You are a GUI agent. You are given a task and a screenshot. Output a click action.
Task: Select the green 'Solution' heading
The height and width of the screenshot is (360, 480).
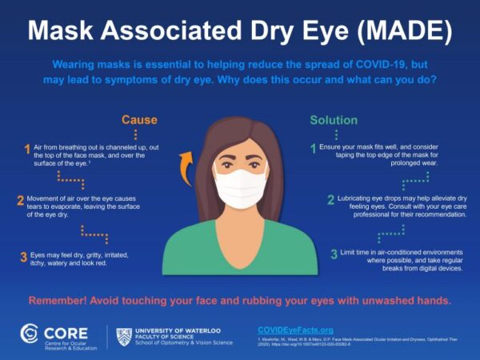click(x=334, y=120)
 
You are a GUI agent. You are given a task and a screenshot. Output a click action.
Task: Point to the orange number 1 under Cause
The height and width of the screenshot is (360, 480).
click(x=26, y=149)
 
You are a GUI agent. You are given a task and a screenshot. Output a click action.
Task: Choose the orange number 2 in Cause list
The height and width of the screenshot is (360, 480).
click(x=20, y=200)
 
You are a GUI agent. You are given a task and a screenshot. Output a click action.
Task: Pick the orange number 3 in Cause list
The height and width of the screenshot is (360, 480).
click(x=23, y=257)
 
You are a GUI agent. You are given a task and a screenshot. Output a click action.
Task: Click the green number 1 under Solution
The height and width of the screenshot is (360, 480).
click(x=314, y=148)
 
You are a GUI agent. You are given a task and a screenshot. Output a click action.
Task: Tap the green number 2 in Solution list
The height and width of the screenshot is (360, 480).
click(x=330, y=200)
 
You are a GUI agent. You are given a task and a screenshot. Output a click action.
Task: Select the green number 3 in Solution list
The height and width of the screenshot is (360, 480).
click(x=334, y=254)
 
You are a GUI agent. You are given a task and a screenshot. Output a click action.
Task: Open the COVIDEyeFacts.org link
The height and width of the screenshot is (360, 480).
click(x=295, y=330)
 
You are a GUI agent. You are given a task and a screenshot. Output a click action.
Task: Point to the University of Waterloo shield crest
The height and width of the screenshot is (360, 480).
click(x=123, y=336)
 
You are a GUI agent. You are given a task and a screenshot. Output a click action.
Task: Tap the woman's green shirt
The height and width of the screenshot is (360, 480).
click(x=240, y=244)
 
